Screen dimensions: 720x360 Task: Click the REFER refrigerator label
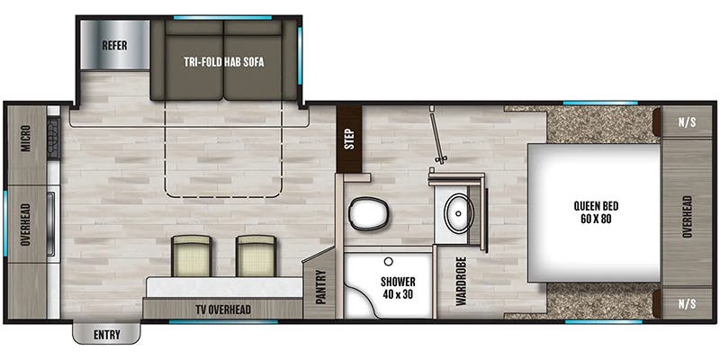[114, 46]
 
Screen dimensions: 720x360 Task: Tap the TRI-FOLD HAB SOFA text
[223, 62]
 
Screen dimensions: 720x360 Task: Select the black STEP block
[349, 139]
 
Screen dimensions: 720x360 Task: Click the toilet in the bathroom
[369, 213]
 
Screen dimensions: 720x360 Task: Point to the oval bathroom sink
[458, 213]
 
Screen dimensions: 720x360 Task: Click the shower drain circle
[389, 262]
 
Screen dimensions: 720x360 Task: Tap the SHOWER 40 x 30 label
[398, 288]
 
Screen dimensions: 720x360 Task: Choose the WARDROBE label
[461, 281]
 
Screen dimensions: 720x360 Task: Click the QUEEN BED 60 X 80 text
[593, 212]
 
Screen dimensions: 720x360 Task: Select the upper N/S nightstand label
[687, 122]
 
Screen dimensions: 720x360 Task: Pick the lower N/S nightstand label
[687, 303]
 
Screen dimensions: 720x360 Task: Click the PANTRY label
[320, 287]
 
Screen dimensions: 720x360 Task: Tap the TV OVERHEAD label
[222, 310]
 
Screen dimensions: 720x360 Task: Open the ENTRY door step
[106, 333]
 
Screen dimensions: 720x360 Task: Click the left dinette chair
[192, 256]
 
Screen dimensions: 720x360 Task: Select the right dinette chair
[256, 256]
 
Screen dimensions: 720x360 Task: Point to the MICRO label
[25, 139]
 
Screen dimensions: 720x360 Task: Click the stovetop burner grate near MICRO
[53, 138]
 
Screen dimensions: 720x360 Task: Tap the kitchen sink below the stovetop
[52, 223]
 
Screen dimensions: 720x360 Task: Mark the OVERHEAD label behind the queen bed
[687, 216]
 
